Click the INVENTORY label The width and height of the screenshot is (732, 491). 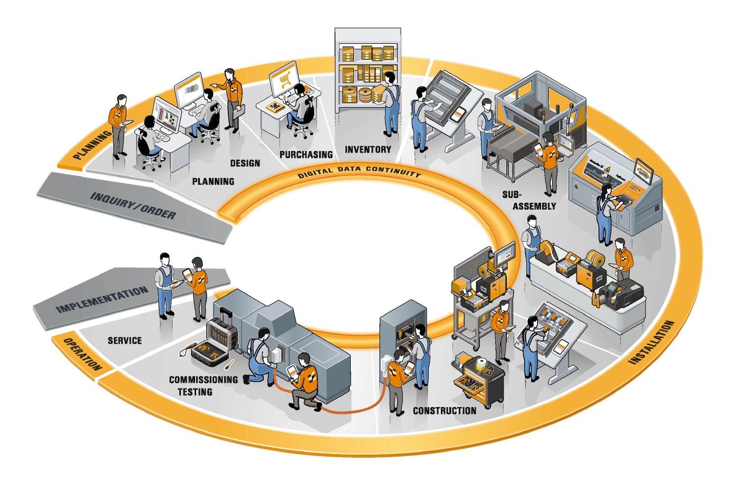368,149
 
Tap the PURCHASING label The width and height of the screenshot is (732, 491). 306,154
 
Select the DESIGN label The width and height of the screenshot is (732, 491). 245,163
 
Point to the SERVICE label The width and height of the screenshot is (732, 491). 125,341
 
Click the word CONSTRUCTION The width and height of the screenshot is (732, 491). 445,411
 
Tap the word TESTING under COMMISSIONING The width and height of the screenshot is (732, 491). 195,392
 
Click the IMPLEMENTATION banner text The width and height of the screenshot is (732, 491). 102,299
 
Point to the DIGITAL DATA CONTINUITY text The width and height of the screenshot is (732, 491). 359,171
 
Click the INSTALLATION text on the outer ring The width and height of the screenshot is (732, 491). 651,342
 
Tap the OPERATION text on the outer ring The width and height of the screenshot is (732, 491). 82,354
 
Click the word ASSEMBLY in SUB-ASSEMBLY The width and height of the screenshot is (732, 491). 534,206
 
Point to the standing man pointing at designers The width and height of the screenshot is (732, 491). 231,100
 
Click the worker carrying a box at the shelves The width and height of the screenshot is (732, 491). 390,103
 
